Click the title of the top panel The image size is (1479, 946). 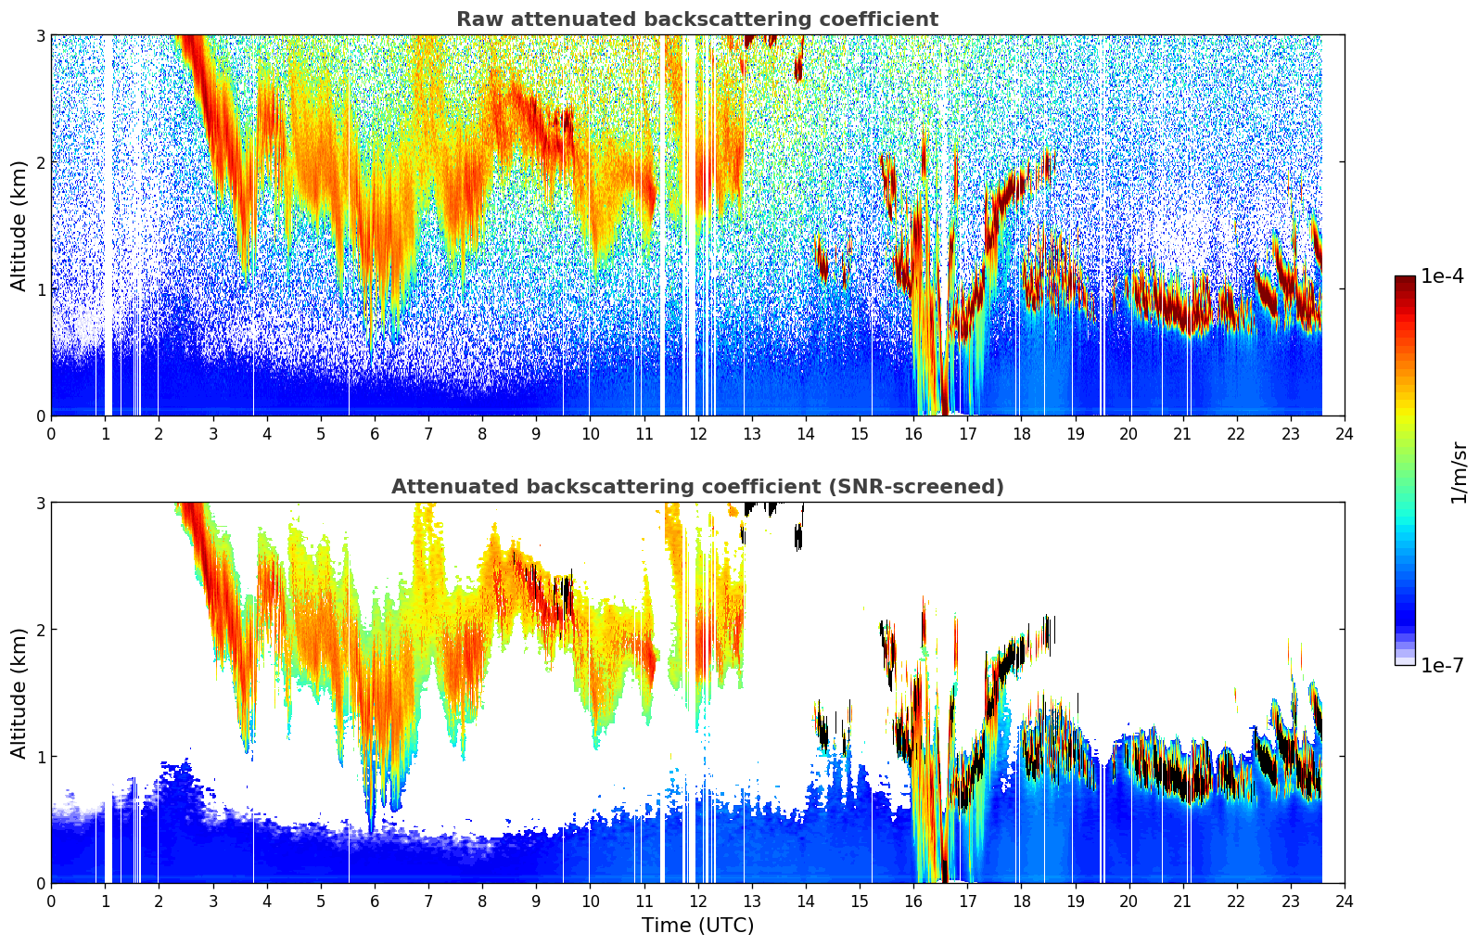click(x=696, y=19)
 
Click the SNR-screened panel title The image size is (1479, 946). click(x=696, y=487)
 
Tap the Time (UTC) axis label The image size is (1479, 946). click(x=697, y=926)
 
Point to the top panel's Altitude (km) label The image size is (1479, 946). click(x=19, y=225)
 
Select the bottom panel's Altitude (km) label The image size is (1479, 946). click(x=19, y=693)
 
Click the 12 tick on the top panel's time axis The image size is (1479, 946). click(x=697, y=434)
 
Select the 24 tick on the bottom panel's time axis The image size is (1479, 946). click(x=1345, y=901)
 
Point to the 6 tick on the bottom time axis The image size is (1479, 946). click(x=375, y=901)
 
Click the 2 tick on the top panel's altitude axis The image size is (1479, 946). click(x=40, y=162)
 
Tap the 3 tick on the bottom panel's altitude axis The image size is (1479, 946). click(x=40, y=503)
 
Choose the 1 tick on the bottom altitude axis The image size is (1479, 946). click(x=40, y=757)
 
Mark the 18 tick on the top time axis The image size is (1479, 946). click(x=1021, y=434)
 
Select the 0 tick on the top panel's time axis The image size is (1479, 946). click(x=51, y=434)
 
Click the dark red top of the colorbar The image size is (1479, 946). click(x=1405, y=280)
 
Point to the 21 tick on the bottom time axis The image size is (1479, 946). click(x=1182, y=901)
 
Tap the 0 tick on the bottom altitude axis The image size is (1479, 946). click(x=40, y=883)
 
